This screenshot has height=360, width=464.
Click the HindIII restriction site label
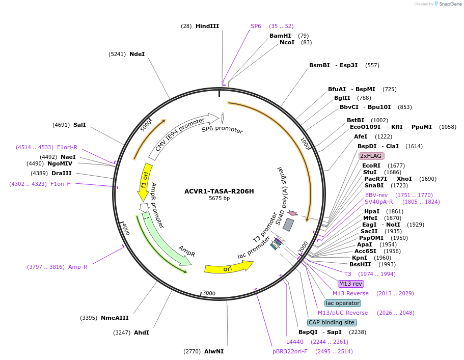(207, 26)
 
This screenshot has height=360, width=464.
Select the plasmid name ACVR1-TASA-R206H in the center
(219, 191)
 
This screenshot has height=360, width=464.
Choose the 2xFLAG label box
(371, 156)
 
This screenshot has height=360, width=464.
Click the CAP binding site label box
(331, 322)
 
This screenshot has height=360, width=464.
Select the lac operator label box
(343, 303)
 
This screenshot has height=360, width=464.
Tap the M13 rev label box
(350, 284)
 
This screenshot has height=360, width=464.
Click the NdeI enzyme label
(137, 54)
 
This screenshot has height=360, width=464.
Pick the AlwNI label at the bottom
(214, 351)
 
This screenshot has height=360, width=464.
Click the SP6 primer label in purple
(256, 26)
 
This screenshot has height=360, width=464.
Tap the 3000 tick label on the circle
(209, 293)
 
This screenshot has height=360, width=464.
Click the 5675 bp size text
(219, 199)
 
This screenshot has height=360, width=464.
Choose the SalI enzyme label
(79, 125)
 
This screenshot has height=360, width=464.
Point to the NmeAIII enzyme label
(114, 318)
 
